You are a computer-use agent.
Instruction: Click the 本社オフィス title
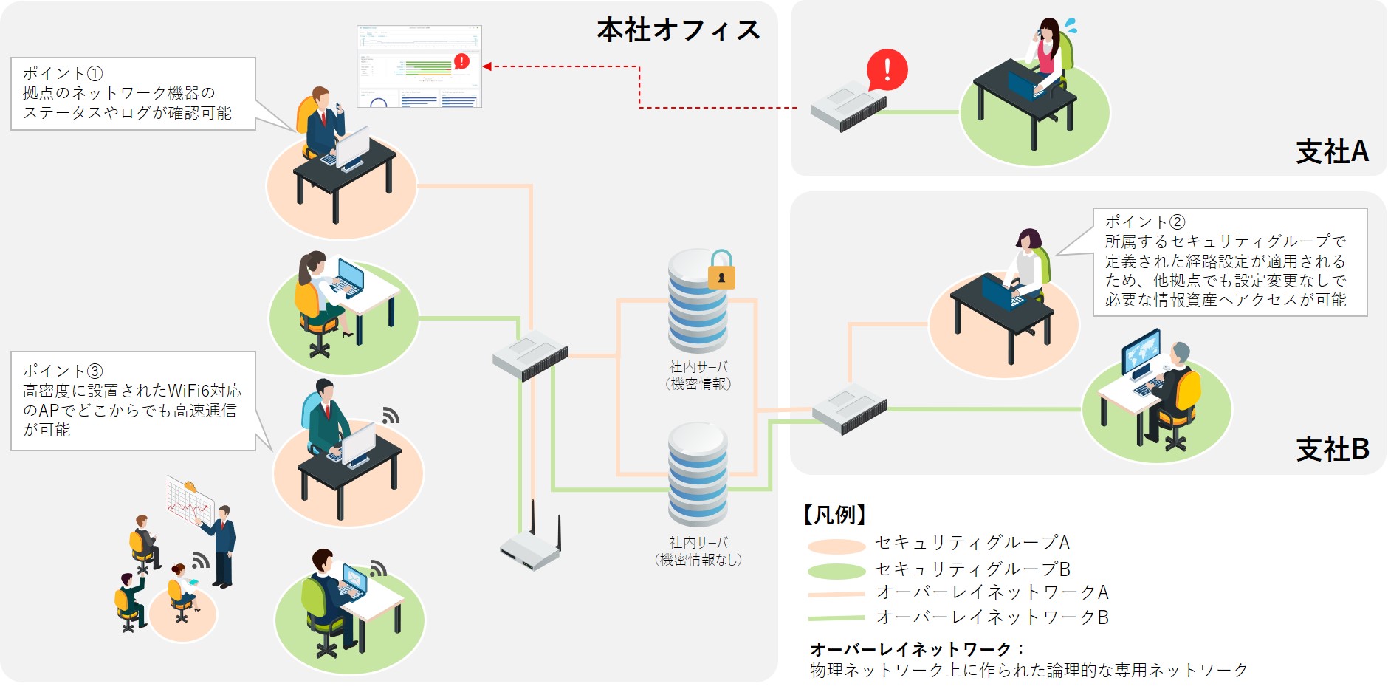tap(678, 30)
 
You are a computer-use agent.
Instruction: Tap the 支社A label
tap(1332, 152)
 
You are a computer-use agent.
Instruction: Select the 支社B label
tap(1332, 449)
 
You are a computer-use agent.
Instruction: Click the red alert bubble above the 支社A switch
tap(887, 69)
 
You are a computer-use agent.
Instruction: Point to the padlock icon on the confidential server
tap(721, 270)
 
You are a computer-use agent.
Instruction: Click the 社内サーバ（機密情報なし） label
tap(698, 552)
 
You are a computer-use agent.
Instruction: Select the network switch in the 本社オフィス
tap(530, 355)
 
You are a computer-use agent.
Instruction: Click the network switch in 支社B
tap(850, 408)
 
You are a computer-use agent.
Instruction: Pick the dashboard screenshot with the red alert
tap(419, 66)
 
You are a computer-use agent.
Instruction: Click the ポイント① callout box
tap(133, 94)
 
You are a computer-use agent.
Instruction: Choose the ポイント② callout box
tap(1229, 261)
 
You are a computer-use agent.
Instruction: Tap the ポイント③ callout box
tap(133, 400)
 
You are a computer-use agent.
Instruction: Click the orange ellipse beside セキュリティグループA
tap(836, 547)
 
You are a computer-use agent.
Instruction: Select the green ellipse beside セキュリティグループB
tap(836, 571)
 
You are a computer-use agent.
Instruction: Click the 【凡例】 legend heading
tap(835, 515)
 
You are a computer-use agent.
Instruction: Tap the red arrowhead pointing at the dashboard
tap(487, 66)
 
